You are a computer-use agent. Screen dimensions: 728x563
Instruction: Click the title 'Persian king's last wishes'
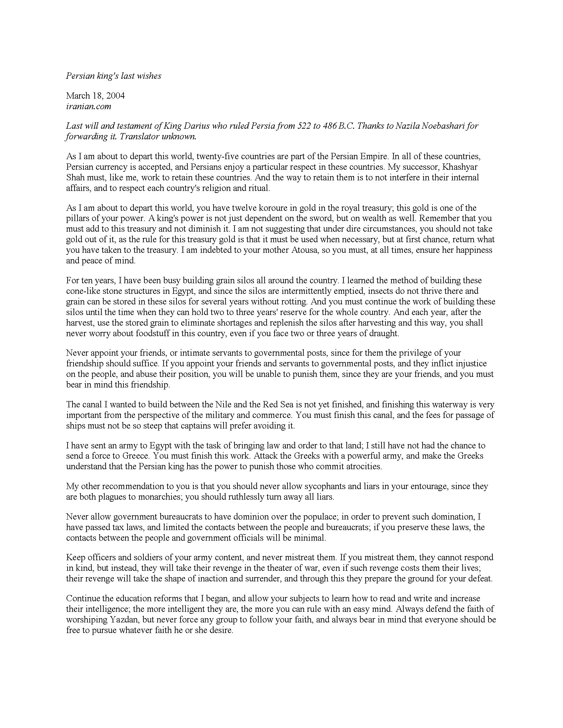click(113, 76)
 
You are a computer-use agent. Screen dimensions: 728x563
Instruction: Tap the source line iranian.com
click(88, 107)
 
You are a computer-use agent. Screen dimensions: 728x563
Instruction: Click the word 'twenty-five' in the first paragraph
click(217, 156)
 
